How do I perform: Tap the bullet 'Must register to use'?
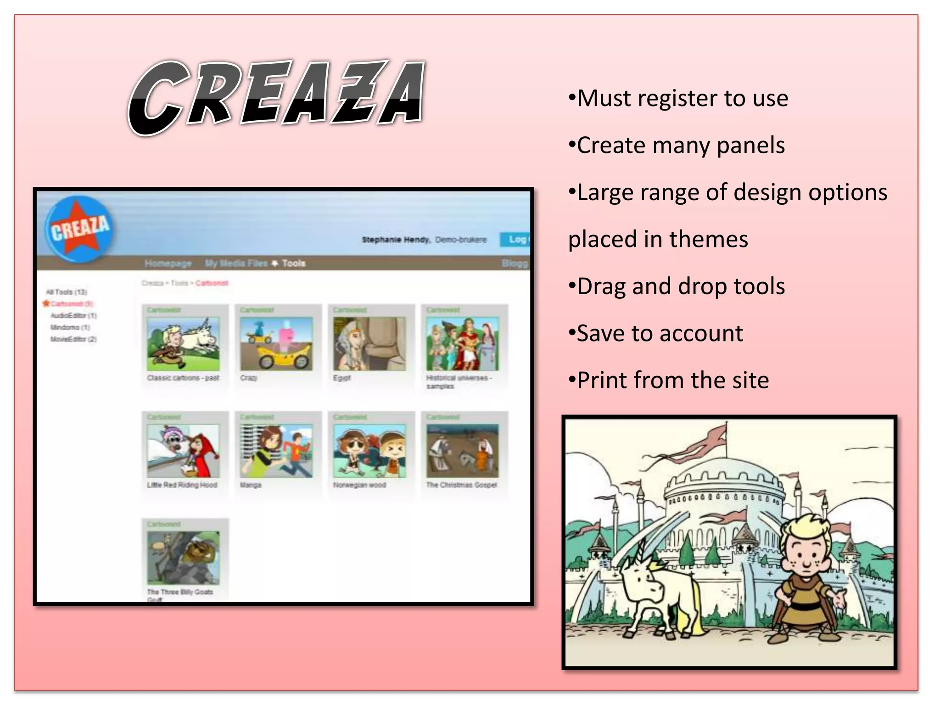pos(678,99)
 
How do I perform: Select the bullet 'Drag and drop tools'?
pos(677,286)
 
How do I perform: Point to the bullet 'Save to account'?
pos(655,334)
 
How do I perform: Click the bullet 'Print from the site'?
pos(668,380)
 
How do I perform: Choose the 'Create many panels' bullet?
pos(677,146)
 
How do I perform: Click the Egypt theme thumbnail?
pos(369,344)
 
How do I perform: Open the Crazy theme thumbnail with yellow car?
pos(276,344)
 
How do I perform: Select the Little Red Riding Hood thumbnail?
pos(183,451)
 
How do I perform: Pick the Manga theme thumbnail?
pos(276,451)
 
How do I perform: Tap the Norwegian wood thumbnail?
pos(369,451)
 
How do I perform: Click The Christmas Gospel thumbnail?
pos(462,451)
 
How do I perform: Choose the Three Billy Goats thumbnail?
pos(183,558)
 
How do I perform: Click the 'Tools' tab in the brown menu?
pos(293,263)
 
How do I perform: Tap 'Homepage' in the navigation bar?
pos(168,263)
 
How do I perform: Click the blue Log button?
pos(515,239)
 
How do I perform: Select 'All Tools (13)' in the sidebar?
pos(67,292)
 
